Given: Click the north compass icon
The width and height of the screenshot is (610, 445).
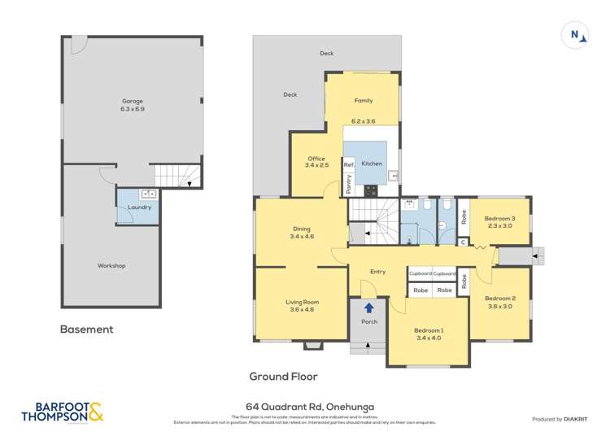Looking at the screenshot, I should pos(575,34).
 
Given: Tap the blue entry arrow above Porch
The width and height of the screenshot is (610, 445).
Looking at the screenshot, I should pos(369,308).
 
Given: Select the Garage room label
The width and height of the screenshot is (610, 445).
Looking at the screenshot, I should pos(133,101).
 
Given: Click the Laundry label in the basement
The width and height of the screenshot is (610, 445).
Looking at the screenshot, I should pos(140,207).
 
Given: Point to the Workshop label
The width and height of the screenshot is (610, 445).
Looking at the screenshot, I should pos(111,266).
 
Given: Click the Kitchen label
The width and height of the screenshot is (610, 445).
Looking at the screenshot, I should pos(372,164).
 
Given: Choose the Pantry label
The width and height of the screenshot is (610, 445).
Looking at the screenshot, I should pos(348,185).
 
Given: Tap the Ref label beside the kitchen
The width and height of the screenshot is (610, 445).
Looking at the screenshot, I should pos(348,164).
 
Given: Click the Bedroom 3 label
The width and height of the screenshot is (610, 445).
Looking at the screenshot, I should pos(499,219).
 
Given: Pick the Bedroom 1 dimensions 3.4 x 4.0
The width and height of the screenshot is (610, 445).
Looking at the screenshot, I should pos(429,338).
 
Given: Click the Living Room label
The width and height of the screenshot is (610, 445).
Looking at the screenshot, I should pos(302,303).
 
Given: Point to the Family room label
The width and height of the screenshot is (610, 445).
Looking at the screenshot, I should pos(363,101).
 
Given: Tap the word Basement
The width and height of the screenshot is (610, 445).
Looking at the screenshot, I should pos(87,329).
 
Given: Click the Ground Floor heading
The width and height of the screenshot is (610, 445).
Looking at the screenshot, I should pos(283,376).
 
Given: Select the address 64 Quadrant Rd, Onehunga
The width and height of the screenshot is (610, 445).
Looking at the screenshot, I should pos(305,407).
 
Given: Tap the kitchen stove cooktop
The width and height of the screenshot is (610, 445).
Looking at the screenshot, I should pos(372,191).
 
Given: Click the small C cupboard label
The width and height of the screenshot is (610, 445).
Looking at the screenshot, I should pos(462,242).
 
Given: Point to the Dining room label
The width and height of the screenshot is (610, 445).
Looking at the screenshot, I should pos(301,229).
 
